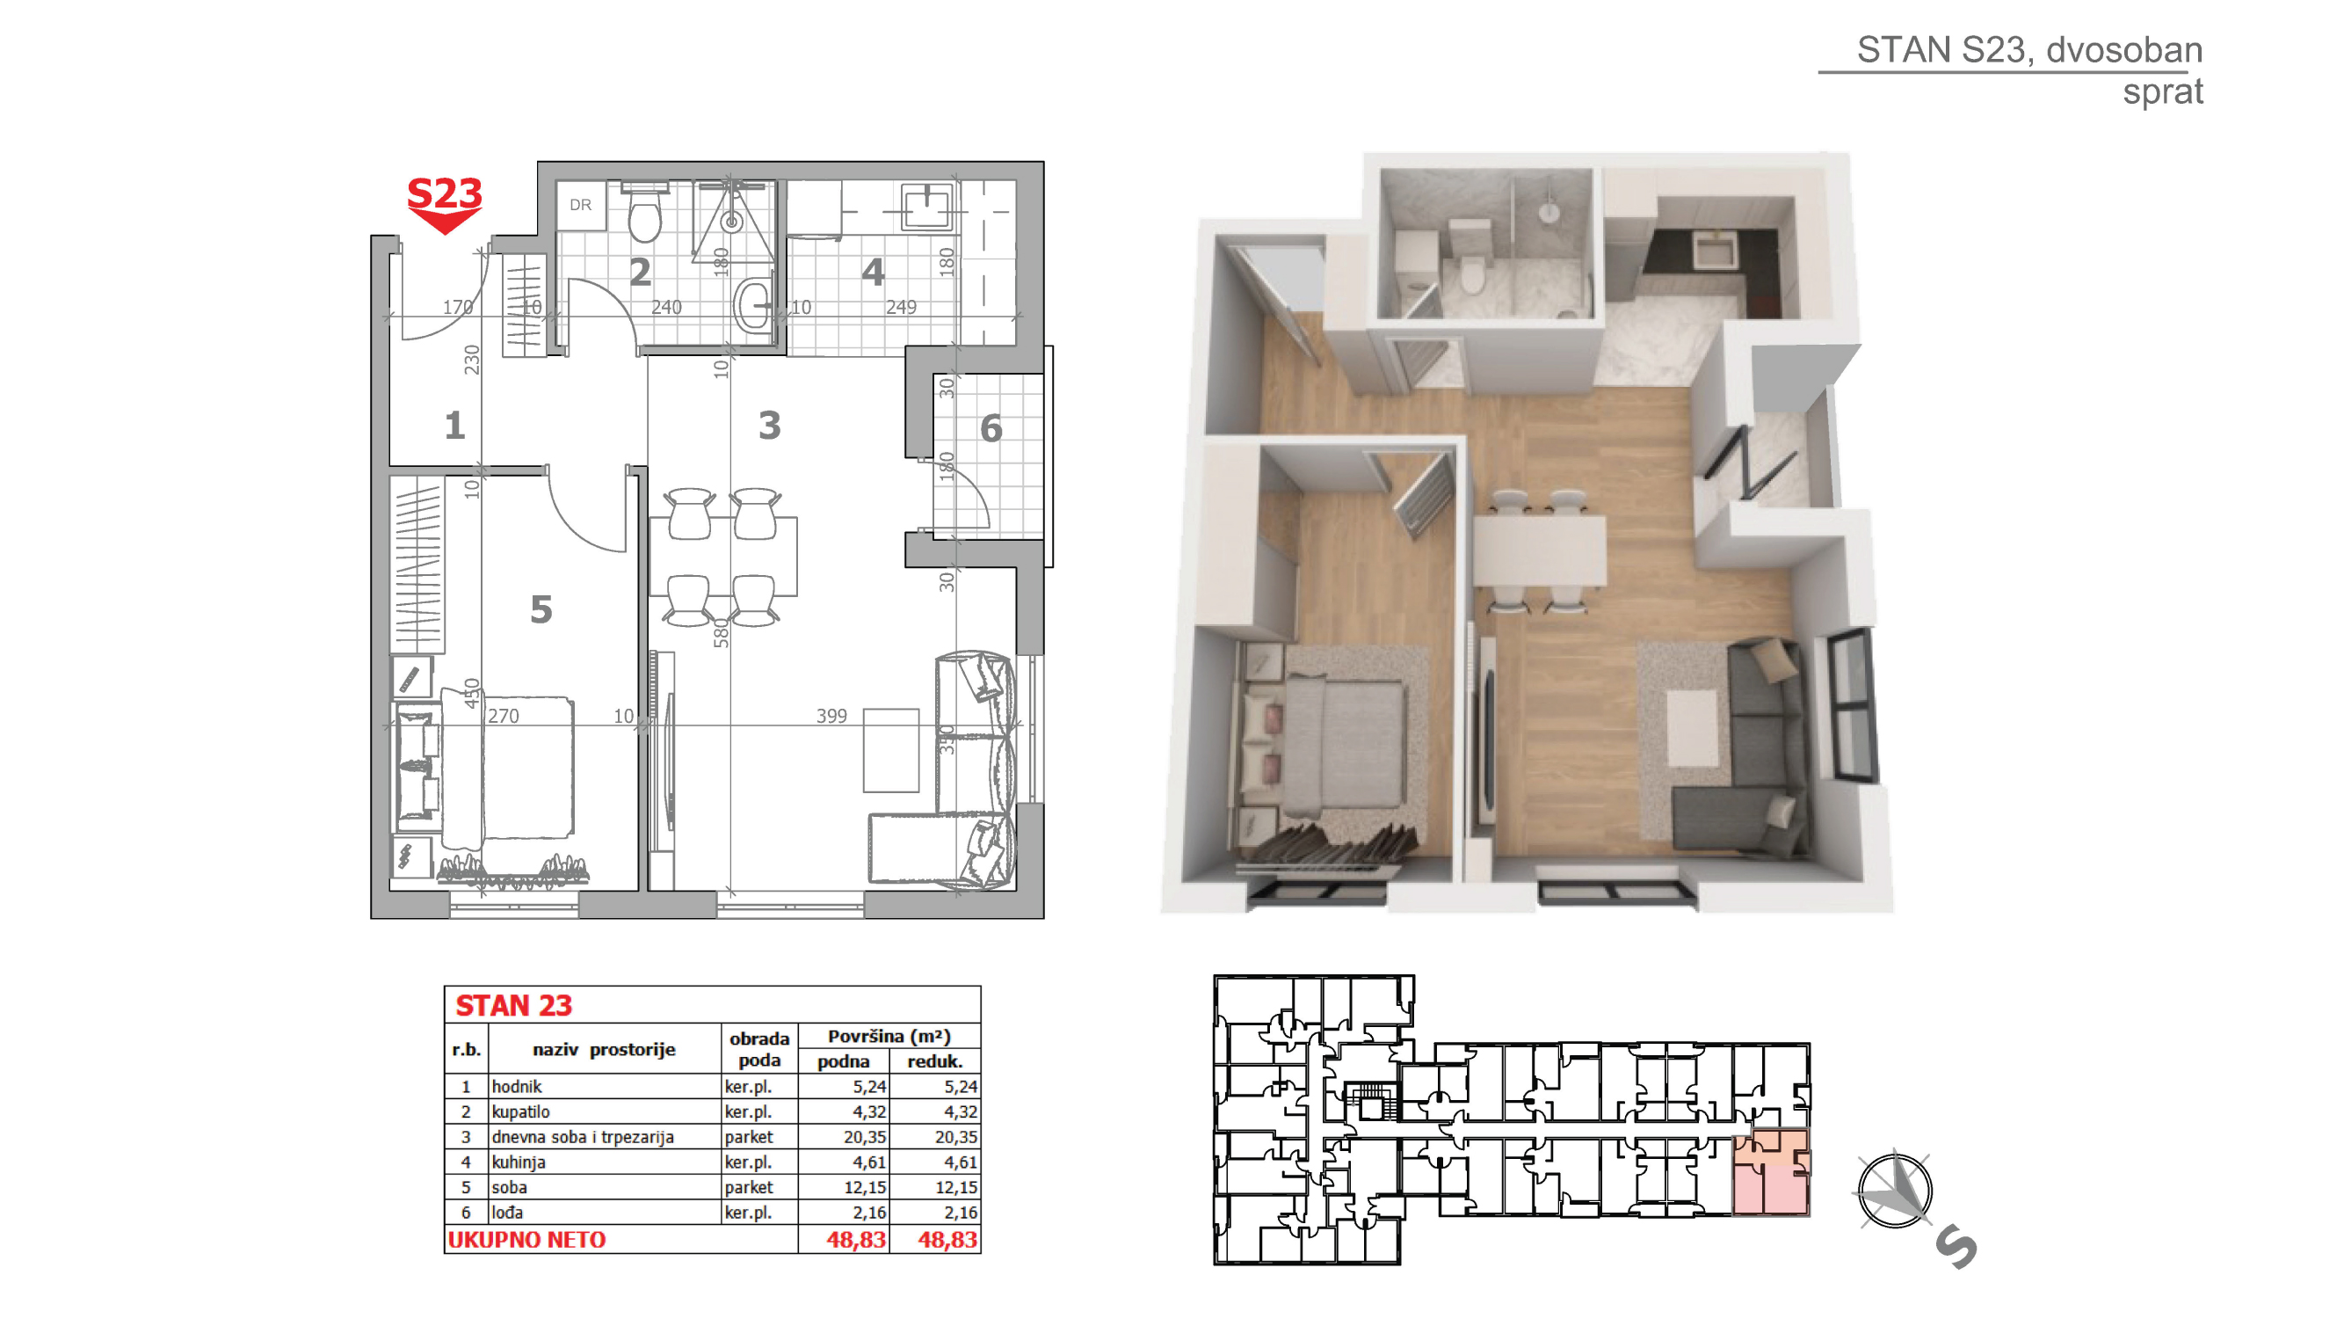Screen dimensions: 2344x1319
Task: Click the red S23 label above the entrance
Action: tap(444, 193)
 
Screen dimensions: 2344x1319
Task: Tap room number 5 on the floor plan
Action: tap(541, 609)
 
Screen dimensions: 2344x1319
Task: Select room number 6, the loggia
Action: tap(991, 428)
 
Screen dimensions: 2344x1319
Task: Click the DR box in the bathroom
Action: tap(581, 205)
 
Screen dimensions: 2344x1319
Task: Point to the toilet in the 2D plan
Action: tap(645, 213)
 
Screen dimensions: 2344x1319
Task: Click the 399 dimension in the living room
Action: tap(831, 716)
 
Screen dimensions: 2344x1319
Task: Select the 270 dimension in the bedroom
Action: tap(504, 716)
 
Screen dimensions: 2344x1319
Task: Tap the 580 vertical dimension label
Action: tap(722, 632)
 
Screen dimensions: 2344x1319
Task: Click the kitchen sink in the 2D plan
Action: tap(926, 207)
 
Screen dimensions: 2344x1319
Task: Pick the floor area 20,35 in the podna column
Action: tap(864, 1136)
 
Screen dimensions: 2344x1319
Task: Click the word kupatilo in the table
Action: tap(520, 1111)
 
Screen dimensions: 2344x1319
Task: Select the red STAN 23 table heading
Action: tap(513, 1005)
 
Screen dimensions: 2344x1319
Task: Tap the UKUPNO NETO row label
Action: tap(526, 1239)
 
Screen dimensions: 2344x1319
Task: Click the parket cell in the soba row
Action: tap(748, 1187)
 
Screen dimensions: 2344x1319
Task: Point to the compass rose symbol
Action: tap(1895, 1191)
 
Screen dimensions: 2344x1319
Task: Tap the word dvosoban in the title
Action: tap(2123, 49)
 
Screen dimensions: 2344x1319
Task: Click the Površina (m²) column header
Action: tap(889, 1036)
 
